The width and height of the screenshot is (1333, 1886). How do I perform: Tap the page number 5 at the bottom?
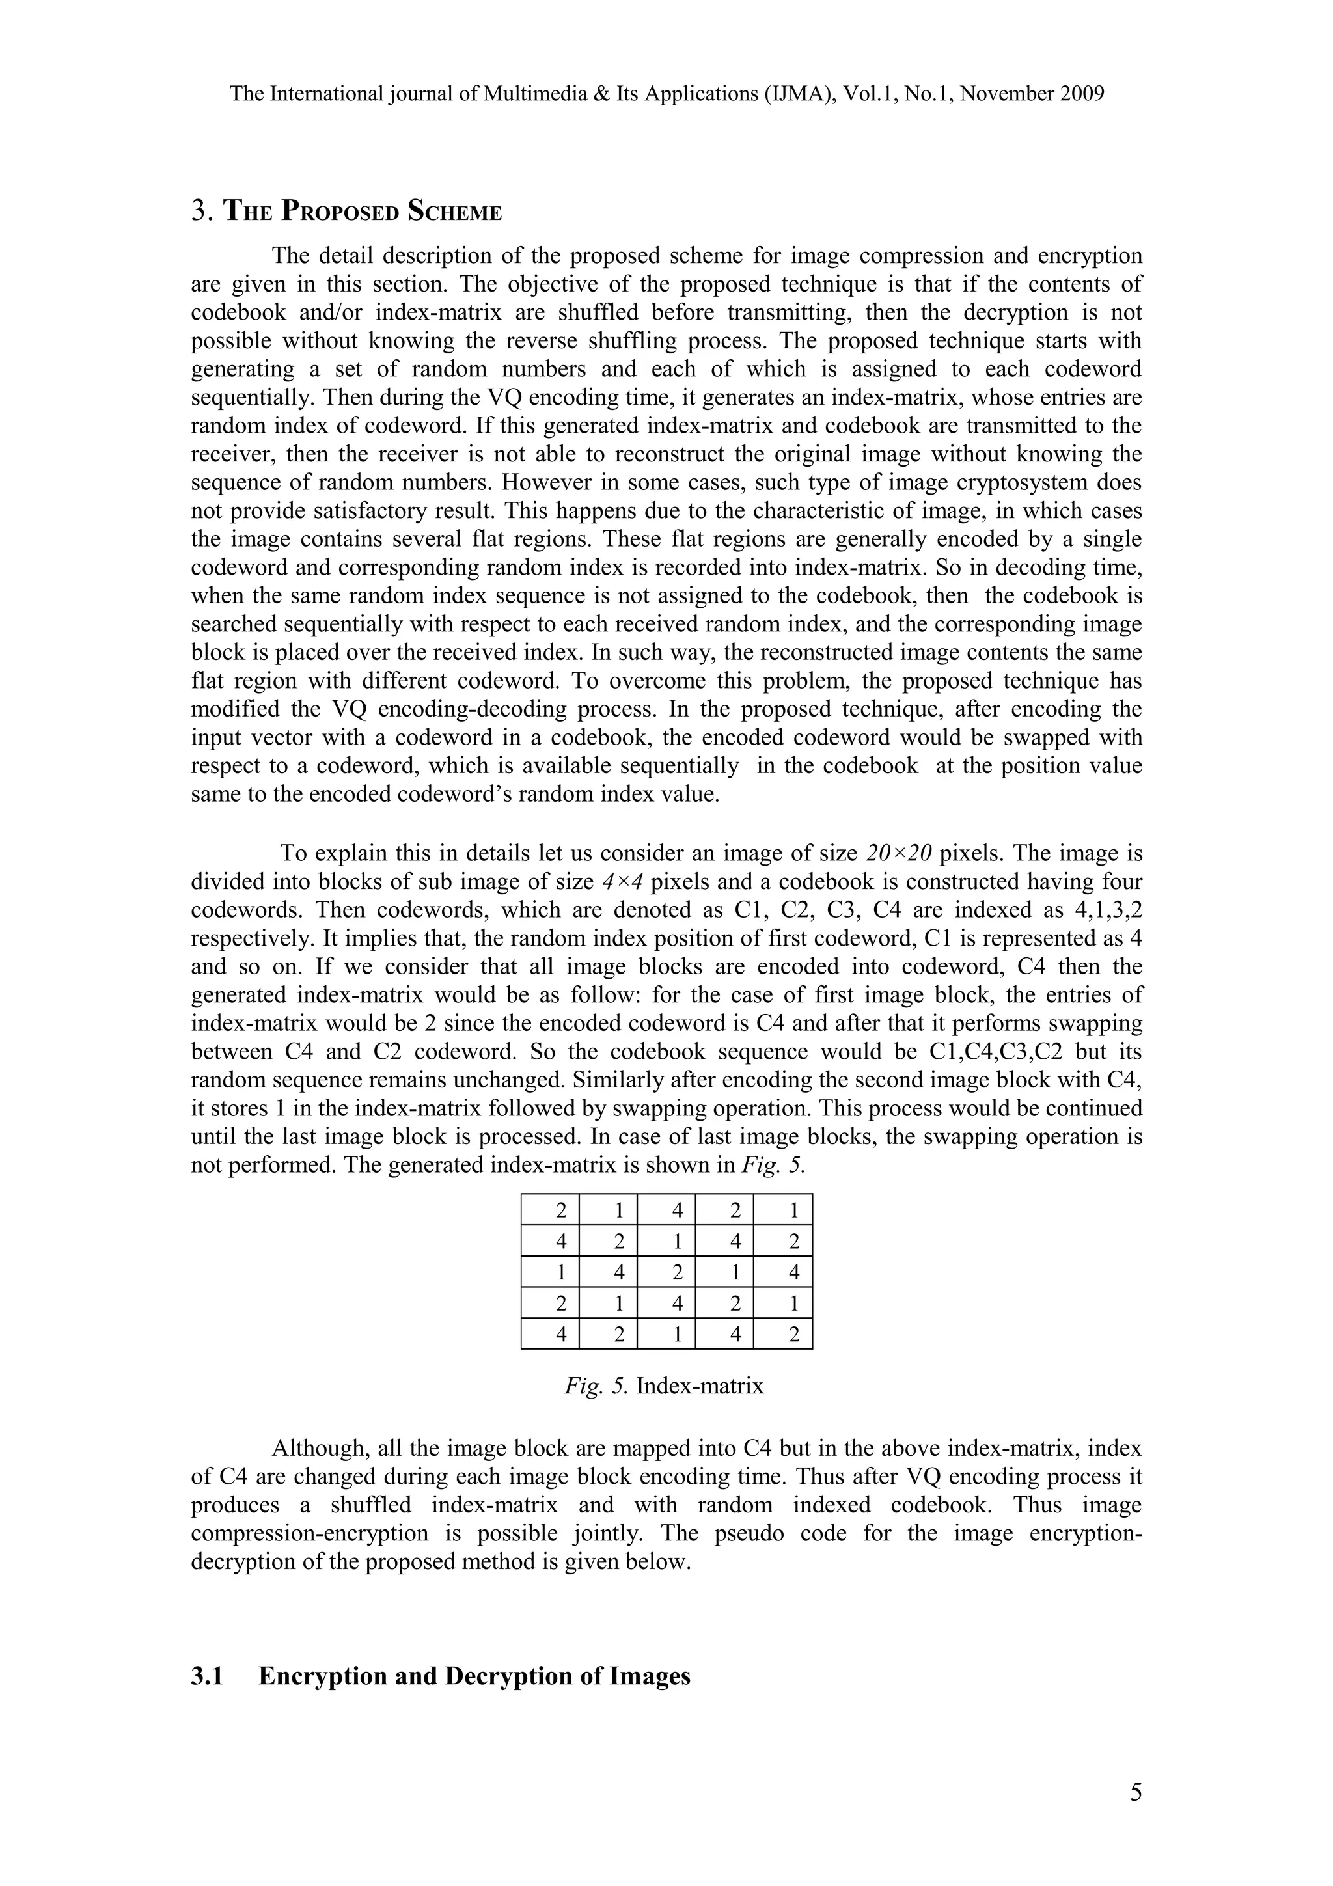click(1135, 1792)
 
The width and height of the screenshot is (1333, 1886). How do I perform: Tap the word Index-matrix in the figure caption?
click(700, 1387)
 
